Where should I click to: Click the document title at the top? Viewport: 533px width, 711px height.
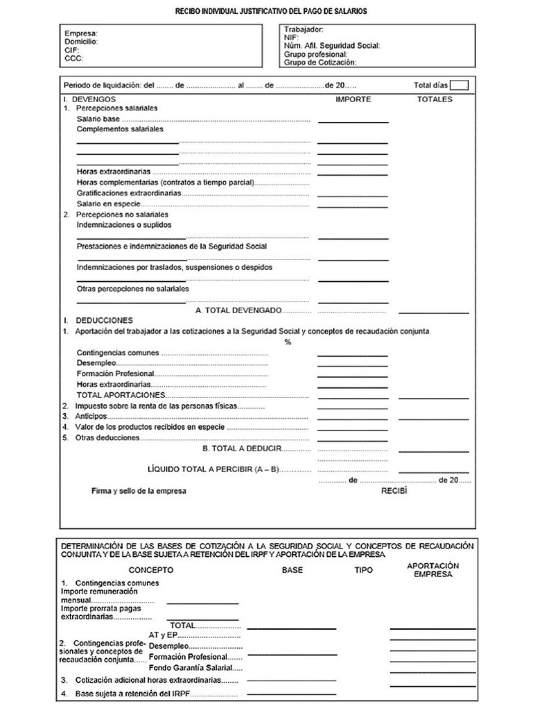pos(270,12)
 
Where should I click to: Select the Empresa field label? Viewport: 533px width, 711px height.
pos(81,33)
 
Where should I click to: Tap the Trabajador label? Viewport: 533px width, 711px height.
pos(303,30)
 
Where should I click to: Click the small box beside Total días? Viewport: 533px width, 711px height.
pos(459,85)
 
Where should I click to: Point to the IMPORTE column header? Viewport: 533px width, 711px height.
pos(353,99)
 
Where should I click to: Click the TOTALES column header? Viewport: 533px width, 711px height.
pos(434,99)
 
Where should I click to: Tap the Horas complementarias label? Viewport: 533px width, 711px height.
pos(165,183)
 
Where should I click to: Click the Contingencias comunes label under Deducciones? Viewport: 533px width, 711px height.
pos(117,353)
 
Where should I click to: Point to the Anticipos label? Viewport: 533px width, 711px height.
pos(90,416)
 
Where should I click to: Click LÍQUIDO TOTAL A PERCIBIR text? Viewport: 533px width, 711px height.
pos(213,469)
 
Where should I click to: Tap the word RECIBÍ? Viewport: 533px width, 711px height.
pos(394,491)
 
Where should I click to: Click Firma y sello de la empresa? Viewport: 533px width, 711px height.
pos(139,491)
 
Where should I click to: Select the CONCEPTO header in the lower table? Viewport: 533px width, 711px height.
pos(151,570)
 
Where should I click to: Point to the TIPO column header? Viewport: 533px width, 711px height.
pos(363,570)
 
